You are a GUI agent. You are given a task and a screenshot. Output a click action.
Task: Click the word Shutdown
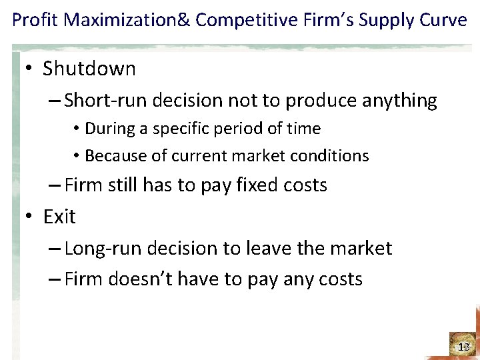click(89, 69)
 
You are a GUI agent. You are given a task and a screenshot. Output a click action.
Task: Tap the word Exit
click(59, 217)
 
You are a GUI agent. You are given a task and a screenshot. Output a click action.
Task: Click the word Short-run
click(106, 101)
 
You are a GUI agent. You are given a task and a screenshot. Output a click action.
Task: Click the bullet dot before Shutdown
click(29, 69)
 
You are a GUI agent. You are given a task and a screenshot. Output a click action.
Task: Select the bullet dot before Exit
click(29, 217)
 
